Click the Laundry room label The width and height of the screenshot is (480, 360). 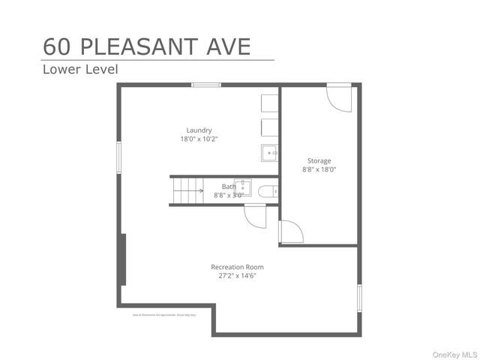[199, 130]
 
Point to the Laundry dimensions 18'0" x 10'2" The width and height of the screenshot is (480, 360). [199, 139]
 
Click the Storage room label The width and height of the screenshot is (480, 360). [319, 160]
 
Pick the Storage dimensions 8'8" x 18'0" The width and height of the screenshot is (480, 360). [319, 169]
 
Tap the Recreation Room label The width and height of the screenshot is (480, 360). [237, 267]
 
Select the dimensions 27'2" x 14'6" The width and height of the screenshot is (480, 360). [237, 276]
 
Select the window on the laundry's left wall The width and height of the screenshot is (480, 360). [118, 158]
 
